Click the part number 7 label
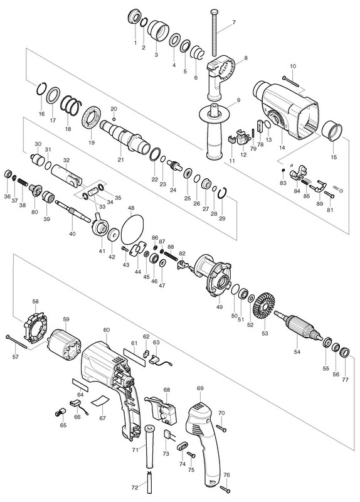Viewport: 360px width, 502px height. (234, 23)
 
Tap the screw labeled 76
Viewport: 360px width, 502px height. (225, 489)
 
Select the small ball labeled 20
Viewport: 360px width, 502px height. (114, 119)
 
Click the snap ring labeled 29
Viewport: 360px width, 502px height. (223, 194)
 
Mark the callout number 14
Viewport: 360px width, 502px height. (282, 147)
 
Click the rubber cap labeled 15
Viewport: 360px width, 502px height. (332, 131)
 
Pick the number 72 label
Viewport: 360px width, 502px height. (135, 488)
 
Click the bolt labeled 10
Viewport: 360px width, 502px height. (290, 81)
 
